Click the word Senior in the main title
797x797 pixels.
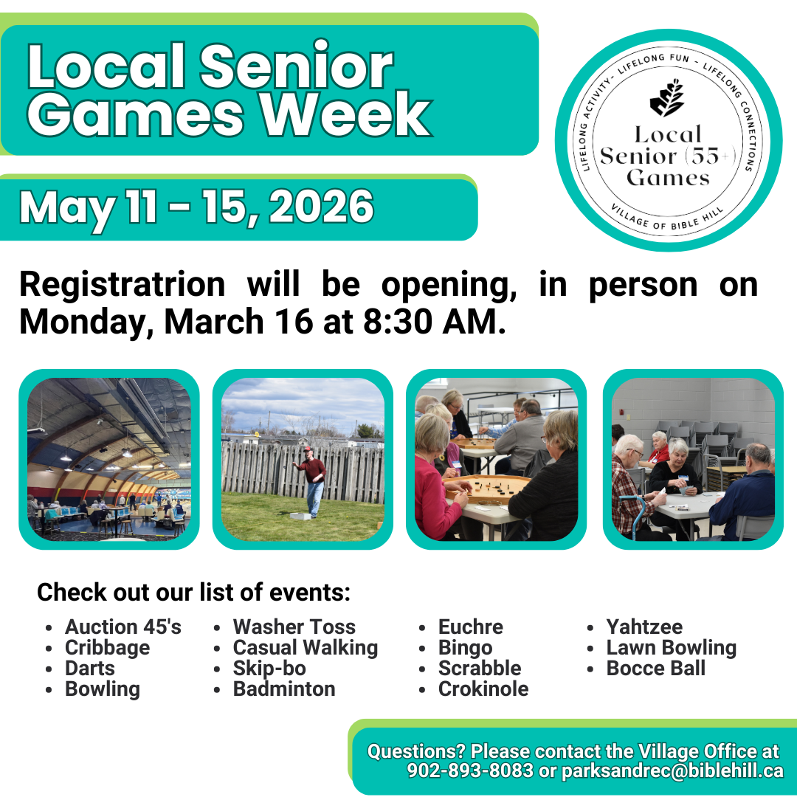click(296, 68)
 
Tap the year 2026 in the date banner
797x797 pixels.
click(321, 207)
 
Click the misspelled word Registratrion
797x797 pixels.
click(122, 285)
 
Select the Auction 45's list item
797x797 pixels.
click(123, 627)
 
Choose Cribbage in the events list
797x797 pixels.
click(107, 648)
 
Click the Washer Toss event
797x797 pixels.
click(294, 627)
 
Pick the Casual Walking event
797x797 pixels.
click(305, 648)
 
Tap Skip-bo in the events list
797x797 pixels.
click(269, 669)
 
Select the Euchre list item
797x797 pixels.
click(470, 627)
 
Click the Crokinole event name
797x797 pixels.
click(483, 689)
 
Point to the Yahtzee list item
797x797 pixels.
click(644, 627)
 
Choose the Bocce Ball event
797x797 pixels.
click(655, 669)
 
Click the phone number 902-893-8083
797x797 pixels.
click(470, 771)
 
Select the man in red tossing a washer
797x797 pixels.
click(313, 480)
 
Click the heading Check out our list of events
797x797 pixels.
click(193, 592)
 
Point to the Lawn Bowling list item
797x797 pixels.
click(671, 648)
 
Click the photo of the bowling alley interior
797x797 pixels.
click(109, 459)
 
